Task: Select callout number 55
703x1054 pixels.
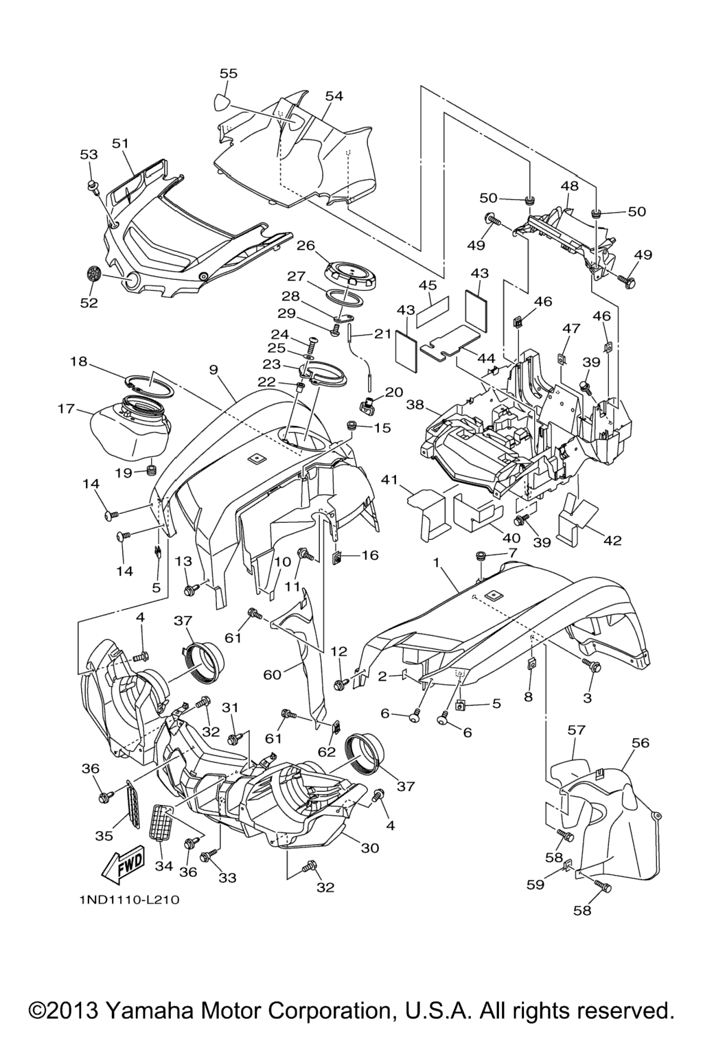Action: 229,73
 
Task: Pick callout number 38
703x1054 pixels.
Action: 414,405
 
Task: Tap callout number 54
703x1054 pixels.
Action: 334,96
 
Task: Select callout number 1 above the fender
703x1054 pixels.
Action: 435,562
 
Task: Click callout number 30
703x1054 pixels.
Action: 370,847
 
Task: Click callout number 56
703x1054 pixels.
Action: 640,742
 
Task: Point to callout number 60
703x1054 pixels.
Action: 273,675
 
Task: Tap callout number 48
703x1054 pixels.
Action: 569,185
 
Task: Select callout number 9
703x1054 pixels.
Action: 214,370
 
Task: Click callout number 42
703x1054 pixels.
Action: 612,540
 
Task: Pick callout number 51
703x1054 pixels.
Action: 120,143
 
